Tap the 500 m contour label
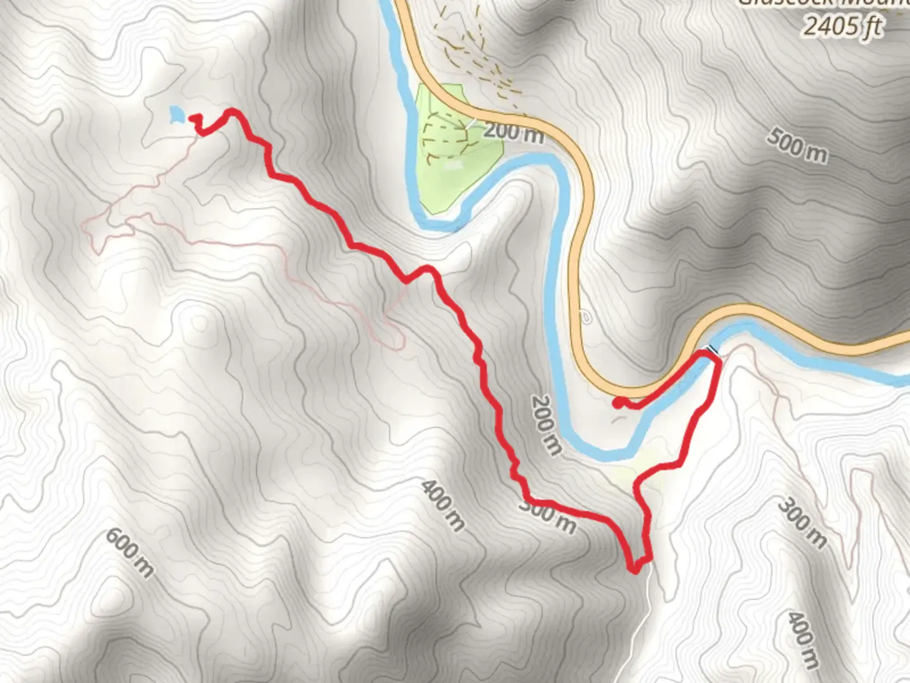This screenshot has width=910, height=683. click(x=797, y=145)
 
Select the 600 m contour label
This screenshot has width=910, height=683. click(x=129, y=553)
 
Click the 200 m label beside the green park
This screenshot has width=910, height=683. click(x=513, y=132)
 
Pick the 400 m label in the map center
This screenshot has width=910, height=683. click(x=443, y=505)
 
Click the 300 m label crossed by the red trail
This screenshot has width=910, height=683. click(x=547, y=515)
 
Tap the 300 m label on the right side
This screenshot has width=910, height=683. click(x=801, y=523)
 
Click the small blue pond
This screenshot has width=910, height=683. click(x=177, y=115)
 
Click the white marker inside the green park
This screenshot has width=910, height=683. click(x=453, y=166)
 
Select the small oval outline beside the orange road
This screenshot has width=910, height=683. click(x=585, y=317)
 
